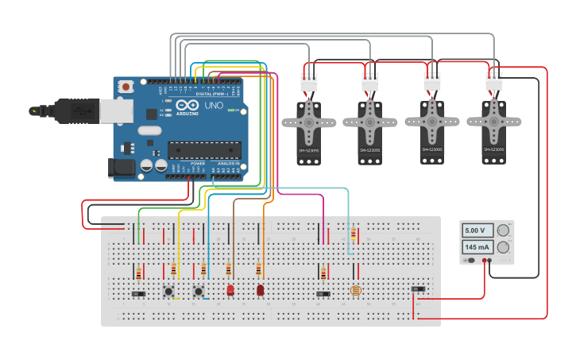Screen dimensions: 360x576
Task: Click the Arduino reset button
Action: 127,85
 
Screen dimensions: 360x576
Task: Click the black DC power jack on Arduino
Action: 119,167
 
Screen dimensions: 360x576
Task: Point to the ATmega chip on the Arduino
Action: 203,149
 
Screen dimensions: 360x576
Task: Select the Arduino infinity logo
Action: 188,106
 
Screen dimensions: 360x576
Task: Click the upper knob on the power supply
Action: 502,230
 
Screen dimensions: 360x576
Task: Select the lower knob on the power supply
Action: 502,247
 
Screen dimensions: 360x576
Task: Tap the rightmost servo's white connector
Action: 494,81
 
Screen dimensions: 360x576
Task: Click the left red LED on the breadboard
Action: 230,290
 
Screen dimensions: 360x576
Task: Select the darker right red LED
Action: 260,290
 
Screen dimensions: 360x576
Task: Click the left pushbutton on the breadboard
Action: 168,292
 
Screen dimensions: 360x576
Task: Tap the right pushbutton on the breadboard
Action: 199,292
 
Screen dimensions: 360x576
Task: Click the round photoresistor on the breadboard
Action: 355,291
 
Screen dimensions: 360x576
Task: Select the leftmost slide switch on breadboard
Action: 138,294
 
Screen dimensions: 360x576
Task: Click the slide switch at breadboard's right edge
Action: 418,288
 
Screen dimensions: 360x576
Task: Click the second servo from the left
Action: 370,131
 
